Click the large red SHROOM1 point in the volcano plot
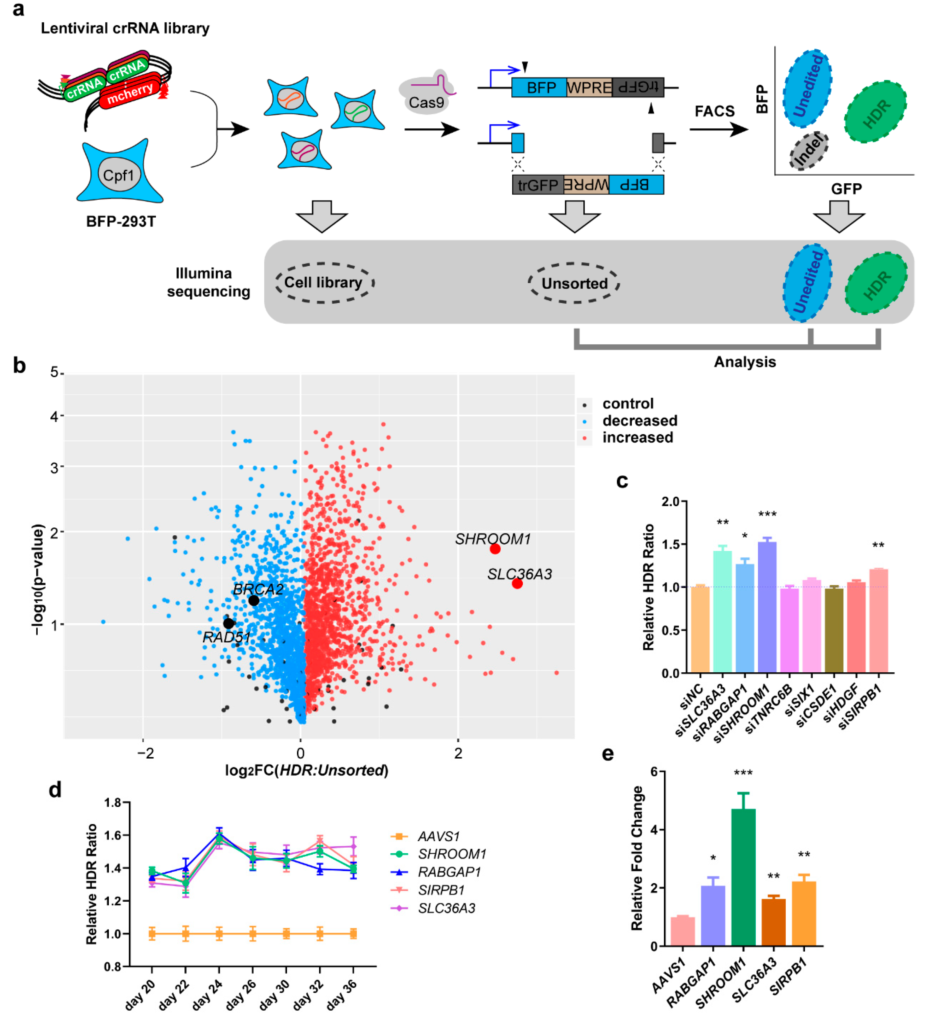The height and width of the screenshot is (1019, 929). (x=495, y=549)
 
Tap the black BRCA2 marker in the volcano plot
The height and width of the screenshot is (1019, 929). (x=254, y=601)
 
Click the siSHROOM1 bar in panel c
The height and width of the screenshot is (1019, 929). (x=767, y=607)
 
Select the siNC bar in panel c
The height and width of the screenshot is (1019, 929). (x=700, y=629)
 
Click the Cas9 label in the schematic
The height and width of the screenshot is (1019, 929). (x=426, y=103)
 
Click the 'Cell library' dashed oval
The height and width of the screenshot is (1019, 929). (x=324, y=283)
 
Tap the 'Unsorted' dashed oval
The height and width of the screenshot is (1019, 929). (x=574, y=283)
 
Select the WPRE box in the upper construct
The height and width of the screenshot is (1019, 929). (x=589, y=88)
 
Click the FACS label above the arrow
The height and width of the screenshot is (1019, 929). (x=714, y=111)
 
